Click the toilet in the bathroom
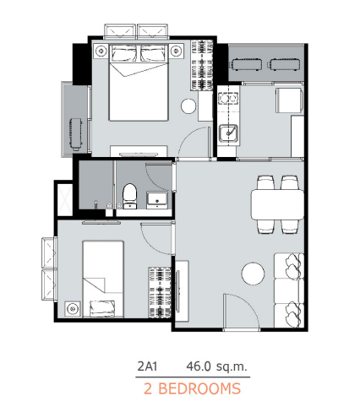130,196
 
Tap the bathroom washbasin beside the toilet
157,200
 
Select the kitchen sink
228,133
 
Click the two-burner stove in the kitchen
228,98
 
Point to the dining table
277,204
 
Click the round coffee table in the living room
253,274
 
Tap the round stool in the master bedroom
188,106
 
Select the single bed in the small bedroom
103,279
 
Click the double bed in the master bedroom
139,82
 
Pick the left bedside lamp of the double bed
101,51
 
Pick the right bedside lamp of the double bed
177,51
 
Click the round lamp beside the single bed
73,309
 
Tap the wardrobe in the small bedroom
160,292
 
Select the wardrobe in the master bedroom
202,65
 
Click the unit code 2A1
147,366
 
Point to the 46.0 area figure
199,366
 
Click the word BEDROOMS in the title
199,388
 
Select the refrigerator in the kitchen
289,100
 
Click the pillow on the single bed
102,308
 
